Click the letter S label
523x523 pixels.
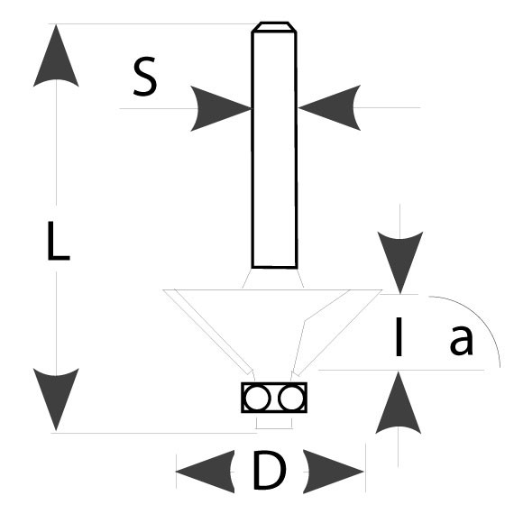pyautogui.click(x=145, y=77)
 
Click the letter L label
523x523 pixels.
pyautogui.click(x=58, y=241)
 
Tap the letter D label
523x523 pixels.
pyautogui.click(x=269, y=471)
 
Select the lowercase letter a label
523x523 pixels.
pyautogui.click(x=462, y=340)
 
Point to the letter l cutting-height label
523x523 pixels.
pyautogui.click(x=399, y=337)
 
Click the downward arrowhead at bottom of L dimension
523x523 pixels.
pyautogui.click(x=56, y=399)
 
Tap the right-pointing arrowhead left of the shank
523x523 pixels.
pyautogui.click(x=221, y=108)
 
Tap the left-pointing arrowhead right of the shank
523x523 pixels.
pyautogui.click(x=329, y=107)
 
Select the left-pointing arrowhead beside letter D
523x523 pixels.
pyautogui.click(x=205, y=472)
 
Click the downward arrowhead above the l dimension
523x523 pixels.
pyautogui.click(x=400, y=262)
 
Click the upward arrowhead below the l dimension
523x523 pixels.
pyautogui.click(x=399, y=403)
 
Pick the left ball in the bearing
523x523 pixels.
pyautogui.click(x=256, y=398)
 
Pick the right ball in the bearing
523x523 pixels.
pyautogui.click(x=291, y=398)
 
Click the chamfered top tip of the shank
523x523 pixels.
pyautogui.click(x=274, y=27)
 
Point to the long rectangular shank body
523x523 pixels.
pyautogui.click(x=274, y=150)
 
